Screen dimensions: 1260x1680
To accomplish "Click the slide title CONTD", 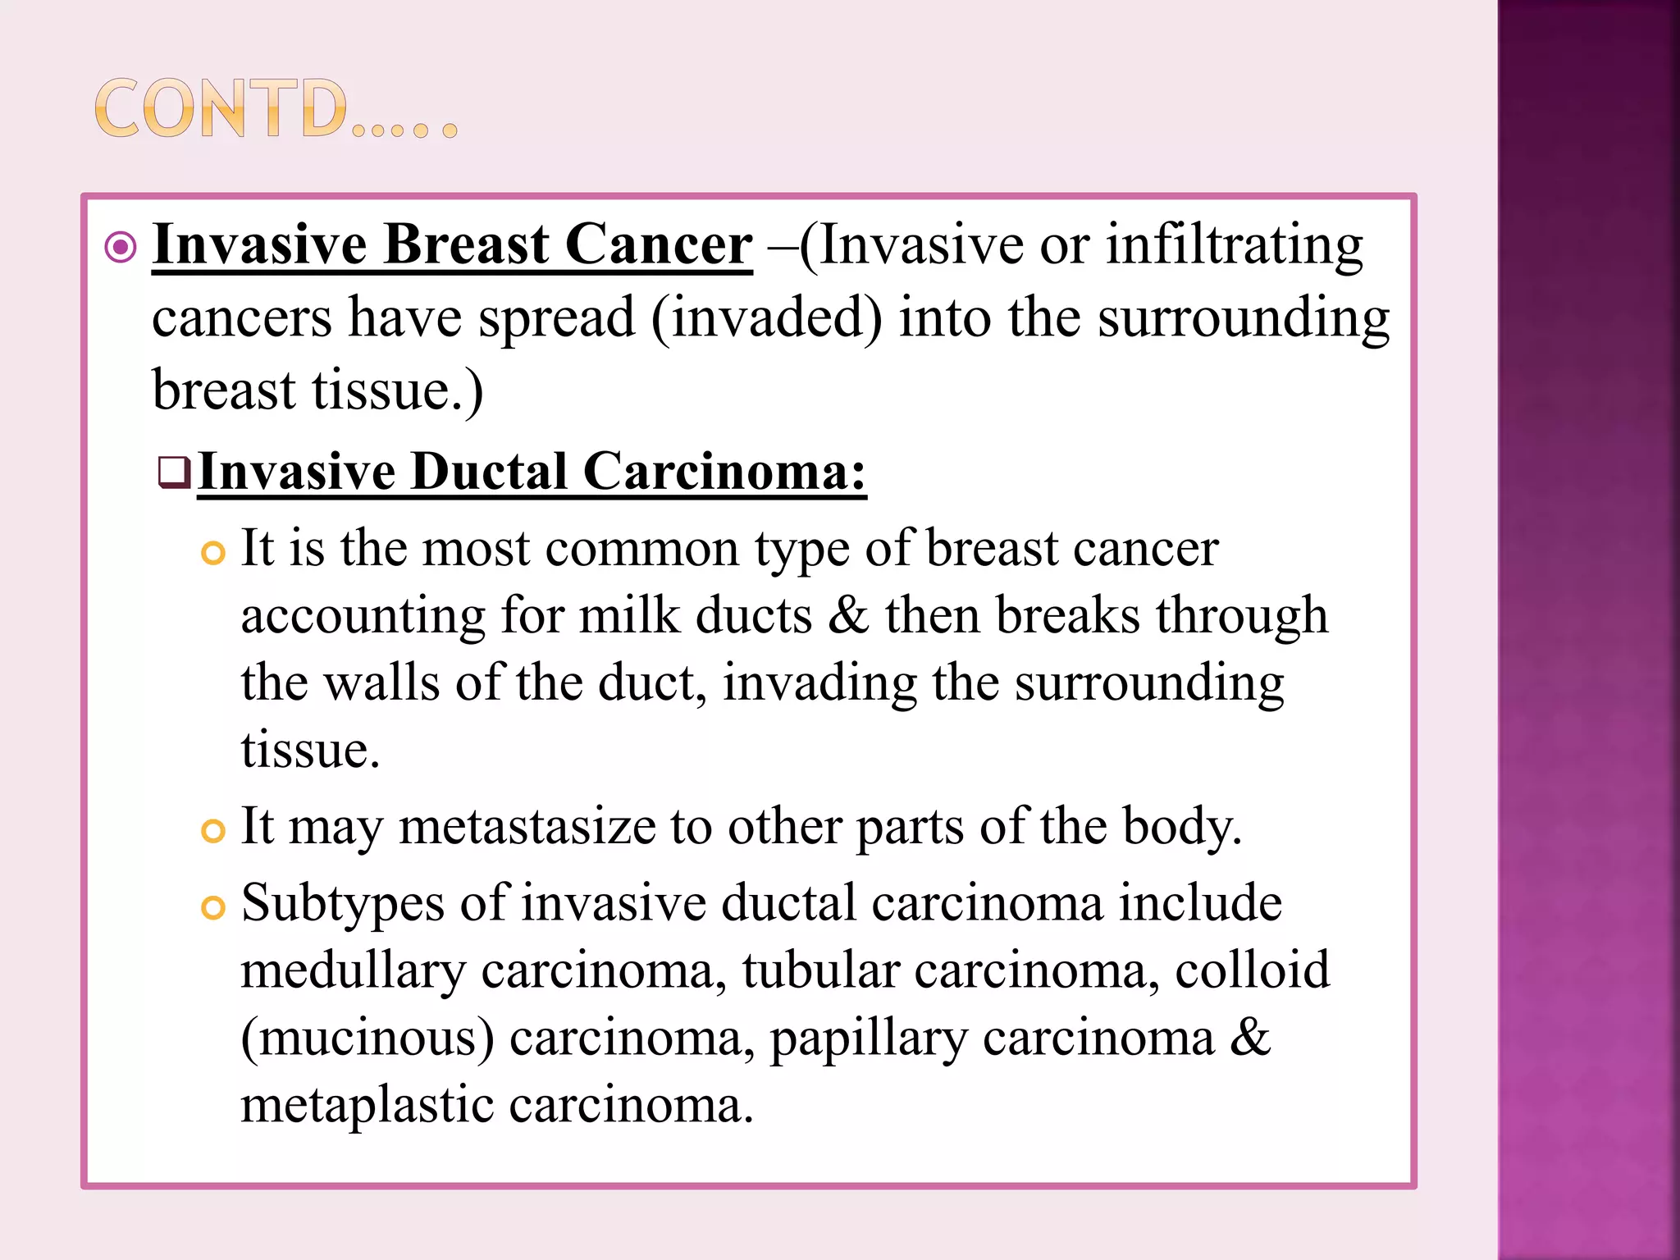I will [x=275, y=109].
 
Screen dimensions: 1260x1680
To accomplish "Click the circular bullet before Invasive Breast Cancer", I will [x=121, y=247].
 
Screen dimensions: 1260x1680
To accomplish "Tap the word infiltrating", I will [x=1234, y=246].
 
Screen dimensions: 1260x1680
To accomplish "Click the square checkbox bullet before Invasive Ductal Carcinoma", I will [x=174, y=472].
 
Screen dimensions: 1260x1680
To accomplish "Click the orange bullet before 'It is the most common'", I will [x=212, y=554].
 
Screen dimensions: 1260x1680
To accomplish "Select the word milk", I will [x=629, y=615].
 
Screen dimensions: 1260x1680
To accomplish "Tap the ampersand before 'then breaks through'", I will [x=847, y=615].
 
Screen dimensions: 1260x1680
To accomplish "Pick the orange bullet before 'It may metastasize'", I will [x=212, y=831].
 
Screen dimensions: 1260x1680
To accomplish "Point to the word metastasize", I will [x=527, y=826].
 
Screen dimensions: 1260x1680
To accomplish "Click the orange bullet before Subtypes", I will [x=212, y=908].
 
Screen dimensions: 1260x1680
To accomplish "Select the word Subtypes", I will [x=342, y=904].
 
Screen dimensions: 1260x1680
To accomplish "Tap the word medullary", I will [x=353, y=971].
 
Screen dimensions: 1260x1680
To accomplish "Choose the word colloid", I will [x=1252, y=971].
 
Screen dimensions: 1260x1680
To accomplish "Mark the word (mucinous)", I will [x=367, y=1039].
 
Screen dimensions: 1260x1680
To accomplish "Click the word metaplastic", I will [x=367, y=1105].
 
